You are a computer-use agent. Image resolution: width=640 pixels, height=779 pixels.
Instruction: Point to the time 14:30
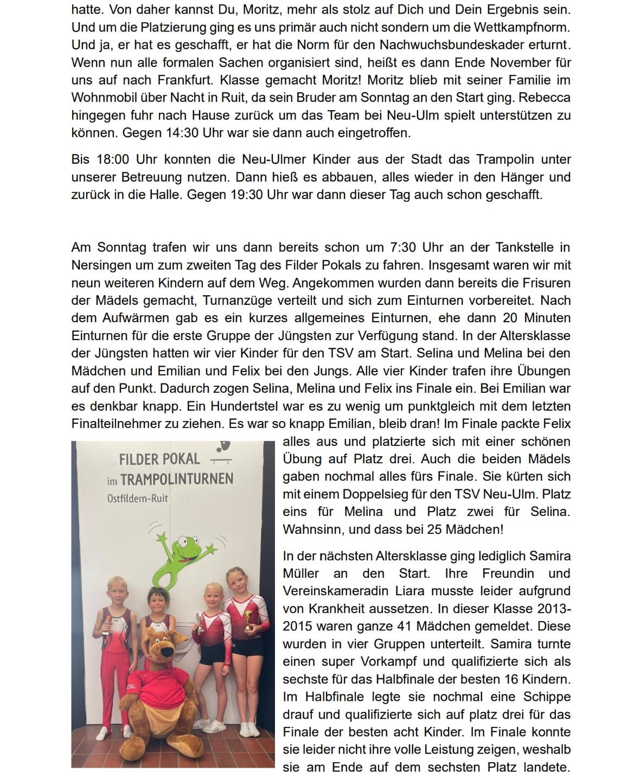point(200,132)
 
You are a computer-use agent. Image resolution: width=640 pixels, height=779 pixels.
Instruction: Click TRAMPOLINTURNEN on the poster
point(177,479)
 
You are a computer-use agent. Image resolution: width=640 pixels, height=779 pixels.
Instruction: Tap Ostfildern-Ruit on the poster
point(138,499)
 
